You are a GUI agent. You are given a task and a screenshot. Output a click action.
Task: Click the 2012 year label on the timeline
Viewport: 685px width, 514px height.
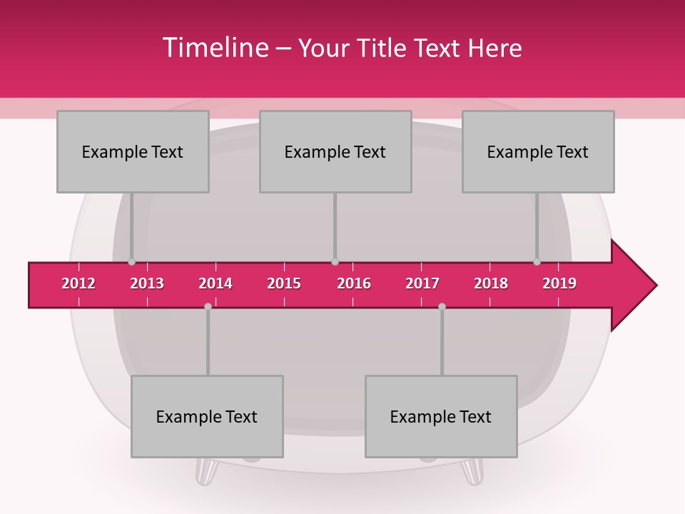click(x=78, y=283)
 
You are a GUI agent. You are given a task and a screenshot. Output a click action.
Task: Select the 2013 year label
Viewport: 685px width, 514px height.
click(x=147, y=283)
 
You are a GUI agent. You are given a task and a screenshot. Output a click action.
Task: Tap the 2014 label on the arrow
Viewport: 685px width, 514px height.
click(x=215, y=283)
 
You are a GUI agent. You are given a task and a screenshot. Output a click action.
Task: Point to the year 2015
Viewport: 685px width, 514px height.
click(x=284, y=283)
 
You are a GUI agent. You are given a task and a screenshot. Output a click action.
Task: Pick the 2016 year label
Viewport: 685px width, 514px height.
click(x=354, y=283)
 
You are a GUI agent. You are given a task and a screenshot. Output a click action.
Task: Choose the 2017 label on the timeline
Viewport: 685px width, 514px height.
click(x=422, y=283)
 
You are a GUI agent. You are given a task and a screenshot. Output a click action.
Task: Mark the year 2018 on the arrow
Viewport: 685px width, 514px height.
click(x=491, y=283)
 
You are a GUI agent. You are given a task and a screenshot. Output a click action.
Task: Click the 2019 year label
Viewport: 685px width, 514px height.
click(x=559, y=283)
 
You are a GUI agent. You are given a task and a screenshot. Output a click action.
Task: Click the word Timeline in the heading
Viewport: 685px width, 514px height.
click(x=214, y=48)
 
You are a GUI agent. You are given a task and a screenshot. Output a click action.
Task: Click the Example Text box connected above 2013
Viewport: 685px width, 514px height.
click(x=133, y=151)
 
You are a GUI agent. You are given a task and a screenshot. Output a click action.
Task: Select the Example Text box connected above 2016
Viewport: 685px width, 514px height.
click(x=335, y=151)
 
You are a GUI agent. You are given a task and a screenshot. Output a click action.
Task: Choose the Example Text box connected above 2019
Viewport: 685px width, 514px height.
click(x=538, y=151)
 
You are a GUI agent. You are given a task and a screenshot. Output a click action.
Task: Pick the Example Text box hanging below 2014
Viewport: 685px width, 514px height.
click(x=207, y=416)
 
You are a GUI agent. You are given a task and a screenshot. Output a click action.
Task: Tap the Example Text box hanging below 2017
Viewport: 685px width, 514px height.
click(x=441, y=416)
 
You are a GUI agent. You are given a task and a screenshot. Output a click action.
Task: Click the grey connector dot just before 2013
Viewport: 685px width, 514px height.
click(x=131, y=262)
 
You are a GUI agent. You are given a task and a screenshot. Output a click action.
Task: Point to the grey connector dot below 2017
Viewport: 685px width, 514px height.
click(x=442, y=307)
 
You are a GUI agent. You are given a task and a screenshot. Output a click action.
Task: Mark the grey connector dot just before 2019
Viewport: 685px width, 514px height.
click(x=537, y=262)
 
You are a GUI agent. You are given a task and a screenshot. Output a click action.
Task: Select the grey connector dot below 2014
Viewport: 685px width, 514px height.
click(x=208, y=307)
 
